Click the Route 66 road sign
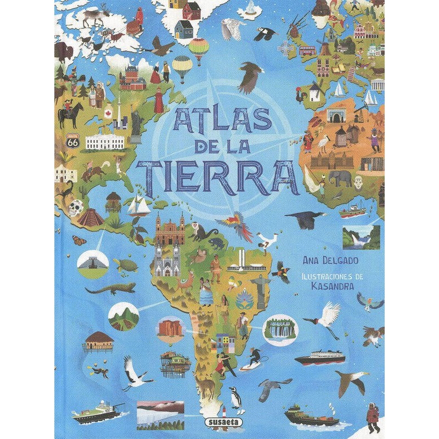click(x=73, y=141)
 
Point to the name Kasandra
click(x=330, y=286)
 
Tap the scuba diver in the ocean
click(x=100, y=372)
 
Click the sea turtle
click(x=130, y=266)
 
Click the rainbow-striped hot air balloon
click(x=199, y=49)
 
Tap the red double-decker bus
click(x=307, y=51)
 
